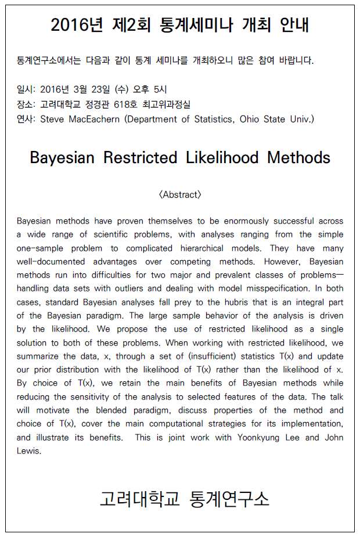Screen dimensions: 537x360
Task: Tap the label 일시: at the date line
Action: [26, 89]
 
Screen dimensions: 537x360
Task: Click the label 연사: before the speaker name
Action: [26, 119]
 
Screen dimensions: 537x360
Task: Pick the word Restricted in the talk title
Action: [141, 157]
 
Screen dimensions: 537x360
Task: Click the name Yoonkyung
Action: [260, 437]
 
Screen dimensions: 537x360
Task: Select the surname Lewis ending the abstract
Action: [28, 450]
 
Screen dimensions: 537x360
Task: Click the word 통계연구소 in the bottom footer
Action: [230, 499]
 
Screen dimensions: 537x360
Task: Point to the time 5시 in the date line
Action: [159, 89]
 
